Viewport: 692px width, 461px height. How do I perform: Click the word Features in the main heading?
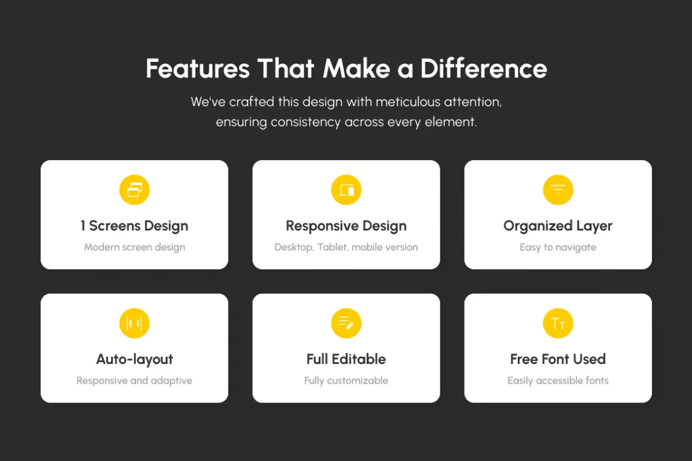[197, 68]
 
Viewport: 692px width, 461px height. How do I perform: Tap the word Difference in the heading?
[484, 68]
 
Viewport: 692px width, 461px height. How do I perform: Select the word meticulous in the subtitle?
[408, 102]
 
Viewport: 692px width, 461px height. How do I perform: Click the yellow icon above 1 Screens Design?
[134, 190]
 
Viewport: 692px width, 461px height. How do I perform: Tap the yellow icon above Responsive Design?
[346, 190]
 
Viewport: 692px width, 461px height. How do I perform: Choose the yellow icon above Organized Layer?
[558, 190]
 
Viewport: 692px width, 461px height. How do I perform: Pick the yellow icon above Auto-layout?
[134, 323]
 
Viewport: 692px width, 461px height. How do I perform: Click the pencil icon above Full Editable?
[346, 323]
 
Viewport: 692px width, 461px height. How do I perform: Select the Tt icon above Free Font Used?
[558, 323]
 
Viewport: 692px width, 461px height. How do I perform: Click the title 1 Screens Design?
[134, 226]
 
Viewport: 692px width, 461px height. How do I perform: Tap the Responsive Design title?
[346, 226]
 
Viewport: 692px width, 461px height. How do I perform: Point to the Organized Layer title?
[558, 226]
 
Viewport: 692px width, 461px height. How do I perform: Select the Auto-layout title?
[134, 360]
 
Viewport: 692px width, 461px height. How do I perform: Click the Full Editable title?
[346, 359]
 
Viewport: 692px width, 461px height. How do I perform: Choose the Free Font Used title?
[558, 359]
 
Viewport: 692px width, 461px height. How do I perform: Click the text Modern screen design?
[135, 247]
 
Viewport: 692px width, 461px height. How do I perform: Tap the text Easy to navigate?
[558, 247]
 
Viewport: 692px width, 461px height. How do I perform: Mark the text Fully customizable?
[346, 381]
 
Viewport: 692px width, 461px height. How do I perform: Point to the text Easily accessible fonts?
[558, 381]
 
